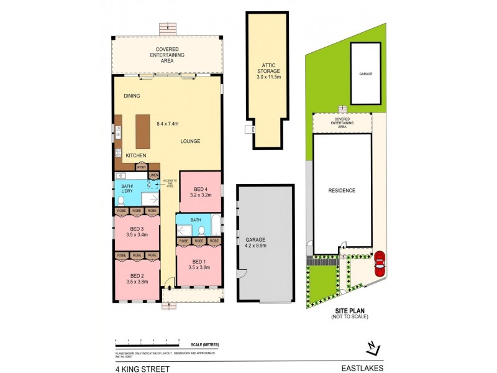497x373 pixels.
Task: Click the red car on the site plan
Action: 379,263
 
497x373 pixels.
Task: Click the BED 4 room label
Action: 200,189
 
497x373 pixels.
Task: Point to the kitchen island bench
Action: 143,131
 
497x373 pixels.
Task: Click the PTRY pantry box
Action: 142,167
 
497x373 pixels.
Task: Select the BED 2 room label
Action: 137,275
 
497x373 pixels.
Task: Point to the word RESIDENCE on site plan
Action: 342,190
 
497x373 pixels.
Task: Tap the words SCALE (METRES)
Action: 205,344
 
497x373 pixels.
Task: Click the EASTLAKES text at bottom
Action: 365,368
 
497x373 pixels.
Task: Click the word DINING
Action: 132,96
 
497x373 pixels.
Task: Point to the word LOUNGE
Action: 190,141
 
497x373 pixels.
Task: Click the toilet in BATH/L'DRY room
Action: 121,200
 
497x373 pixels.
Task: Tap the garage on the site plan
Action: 365,73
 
